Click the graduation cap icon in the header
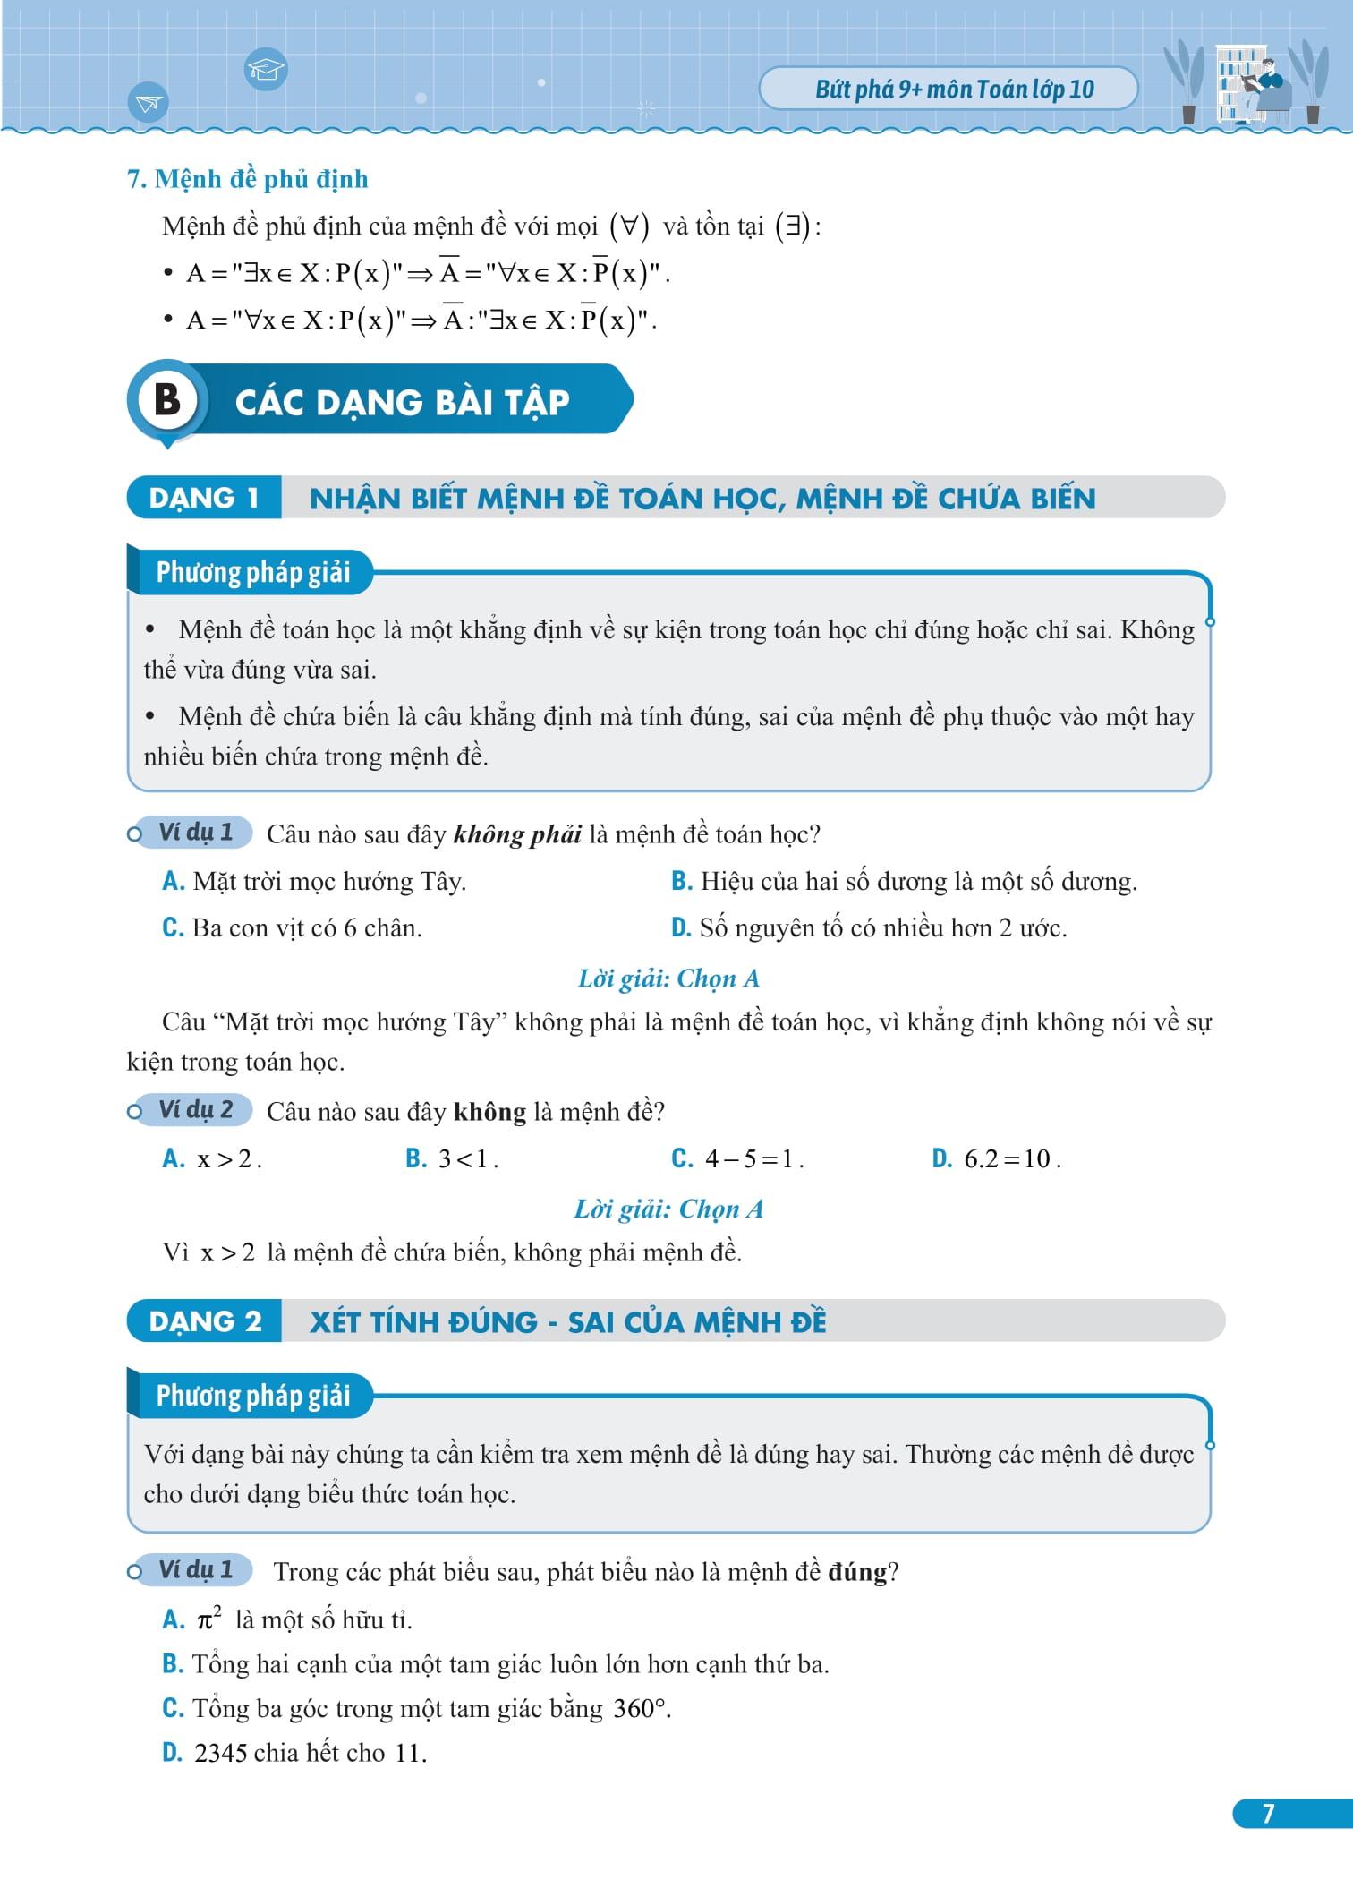[265, 69]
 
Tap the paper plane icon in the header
[149, 103]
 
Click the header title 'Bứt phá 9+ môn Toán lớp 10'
[954, 90]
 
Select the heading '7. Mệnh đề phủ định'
[248, 179]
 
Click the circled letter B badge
[167, 400]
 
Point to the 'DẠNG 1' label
[204, 498]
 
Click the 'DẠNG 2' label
[205, 1321]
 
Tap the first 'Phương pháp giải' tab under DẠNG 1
[253, 572]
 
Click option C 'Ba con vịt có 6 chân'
[293, 928]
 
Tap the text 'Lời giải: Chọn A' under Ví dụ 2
[668, 1209]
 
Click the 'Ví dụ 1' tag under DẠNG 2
[195, 1569]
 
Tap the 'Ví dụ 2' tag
[195, 1110]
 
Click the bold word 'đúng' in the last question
[857, 1572]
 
